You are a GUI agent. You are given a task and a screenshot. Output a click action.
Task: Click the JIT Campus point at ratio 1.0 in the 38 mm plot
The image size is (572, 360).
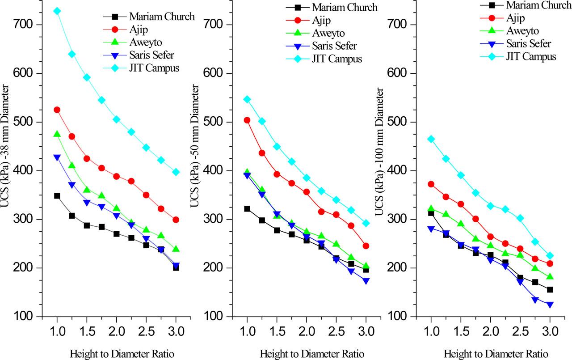[57, 11]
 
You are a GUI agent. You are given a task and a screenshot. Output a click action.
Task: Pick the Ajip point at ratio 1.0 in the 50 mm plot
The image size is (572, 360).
[247, 120]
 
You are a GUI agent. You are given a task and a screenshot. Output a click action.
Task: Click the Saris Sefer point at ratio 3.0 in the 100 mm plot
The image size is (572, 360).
[550, 305]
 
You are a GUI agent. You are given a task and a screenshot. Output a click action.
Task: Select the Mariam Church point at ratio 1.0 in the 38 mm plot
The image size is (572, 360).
[57, 196]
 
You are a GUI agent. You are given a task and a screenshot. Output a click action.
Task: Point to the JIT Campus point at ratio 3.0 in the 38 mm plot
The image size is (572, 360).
[176, 172]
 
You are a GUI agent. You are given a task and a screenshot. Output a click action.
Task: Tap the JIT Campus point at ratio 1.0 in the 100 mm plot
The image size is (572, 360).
[431, 139]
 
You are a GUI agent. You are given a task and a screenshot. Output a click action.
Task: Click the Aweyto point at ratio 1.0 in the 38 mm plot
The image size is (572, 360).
[57, 134]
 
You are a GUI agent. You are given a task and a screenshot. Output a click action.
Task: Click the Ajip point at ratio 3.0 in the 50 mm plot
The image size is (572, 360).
[366, 246]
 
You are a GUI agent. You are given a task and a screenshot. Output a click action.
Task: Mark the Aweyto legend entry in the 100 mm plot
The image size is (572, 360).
[523, 31]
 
